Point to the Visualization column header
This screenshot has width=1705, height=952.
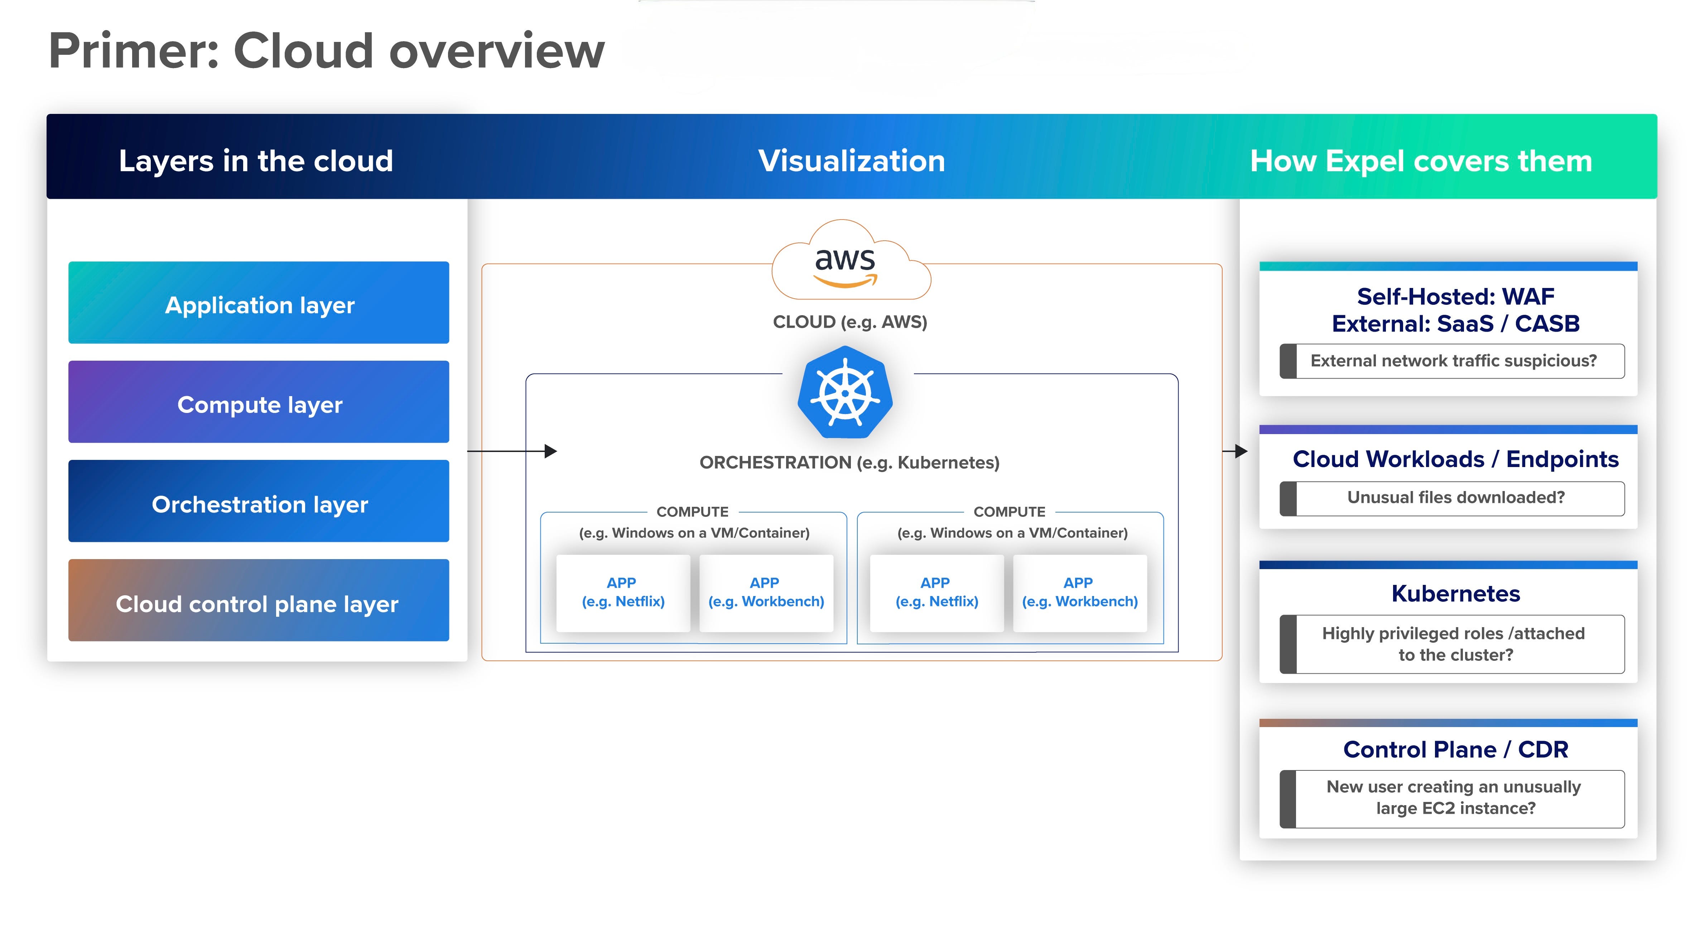pyautogui.click(x=851, y=161)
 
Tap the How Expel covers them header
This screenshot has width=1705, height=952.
pyautogui.click(x=1420, y=161)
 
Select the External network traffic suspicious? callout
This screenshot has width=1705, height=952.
pyautogui.click(x=1453, y=361)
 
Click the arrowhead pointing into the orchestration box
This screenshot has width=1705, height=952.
pyautogui.click(x=551, y=452)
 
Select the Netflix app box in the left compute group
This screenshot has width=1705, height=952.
pyautogui.click(x=623, y=592)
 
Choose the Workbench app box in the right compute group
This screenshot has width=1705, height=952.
pyautogui.click(x=1079, y=592)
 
